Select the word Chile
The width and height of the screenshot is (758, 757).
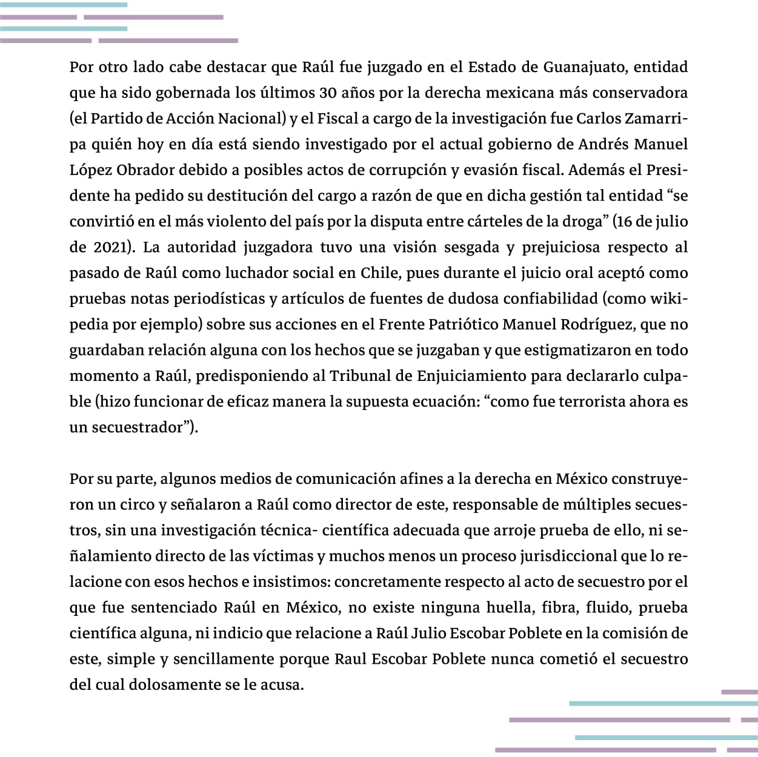tap(379, 273)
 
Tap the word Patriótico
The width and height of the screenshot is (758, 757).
tap(464, 324)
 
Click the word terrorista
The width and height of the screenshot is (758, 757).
tap(580, 402)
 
